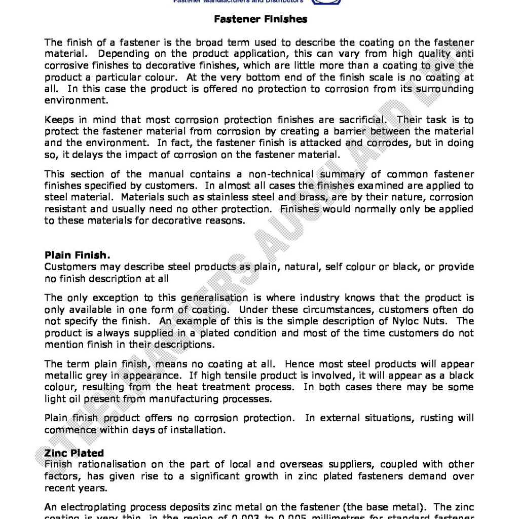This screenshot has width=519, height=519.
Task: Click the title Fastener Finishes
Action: coord(261,19)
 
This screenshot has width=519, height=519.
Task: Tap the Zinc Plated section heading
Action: coord(74,453)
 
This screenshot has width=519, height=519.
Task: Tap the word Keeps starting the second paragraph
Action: coord(59,120)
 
